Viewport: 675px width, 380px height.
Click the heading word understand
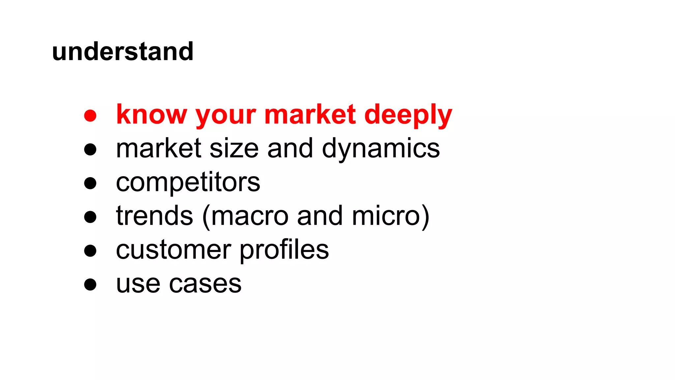click(x=123, y=52)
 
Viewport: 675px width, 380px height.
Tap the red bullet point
click(x=90, y=116)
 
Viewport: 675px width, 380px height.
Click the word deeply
click(x=408, y=116)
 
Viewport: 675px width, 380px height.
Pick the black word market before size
click(x=159, y=148)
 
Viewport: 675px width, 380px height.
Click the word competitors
click(x=188, y=183)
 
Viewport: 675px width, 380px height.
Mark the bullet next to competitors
click(x=90, y=183)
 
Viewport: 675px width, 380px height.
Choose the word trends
click(x=154, y=216)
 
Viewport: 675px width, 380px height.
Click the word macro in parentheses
click(x=249, y=216)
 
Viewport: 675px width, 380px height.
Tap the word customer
click(x=173, y=250)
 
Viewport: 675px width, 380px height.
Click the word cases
click(x=205, y=284)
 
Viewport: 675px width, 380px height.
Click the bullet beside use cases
click(x=90, y=284)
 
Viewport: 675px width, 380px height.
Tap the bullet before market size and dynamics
click(x=90, y=149)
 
